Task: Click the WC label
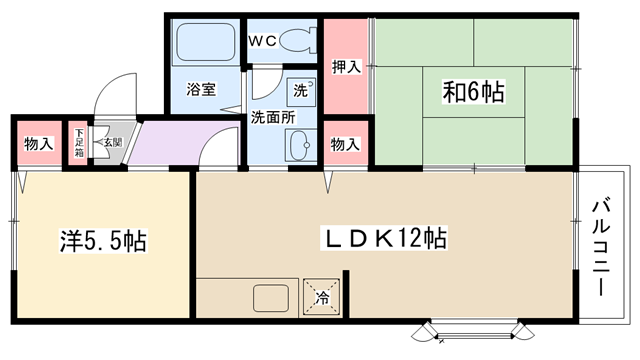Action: [263, 41]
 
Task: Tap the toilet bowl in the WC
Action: [299, 40]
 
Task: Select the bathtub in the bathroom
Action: [205, 42]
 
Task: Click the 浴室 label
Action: [201, 89]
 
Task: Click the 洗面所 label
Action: [273, 118]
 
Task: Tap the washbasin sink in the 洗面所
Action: [301, 145]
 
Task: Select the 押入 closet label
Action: [347, 67]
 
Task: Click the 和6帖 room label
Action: [473, 91]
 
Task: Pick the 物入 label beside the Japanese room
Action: [345, 144]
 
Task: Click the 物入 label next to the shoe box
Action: [39, 144]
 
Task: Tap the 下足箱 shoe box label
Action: [78, 143]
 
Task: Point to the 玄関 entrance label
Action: [113, 142]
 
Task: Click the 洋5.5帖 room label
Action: [103, 241]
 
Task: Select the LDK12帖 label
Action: [385, 238]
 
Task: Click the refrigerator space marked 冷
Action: [322, 297]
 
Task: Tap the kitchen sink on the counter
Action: [271, 298]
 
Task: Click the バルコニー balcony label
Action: [601, 246]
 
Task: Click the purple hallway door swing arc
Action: [212, 136]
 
